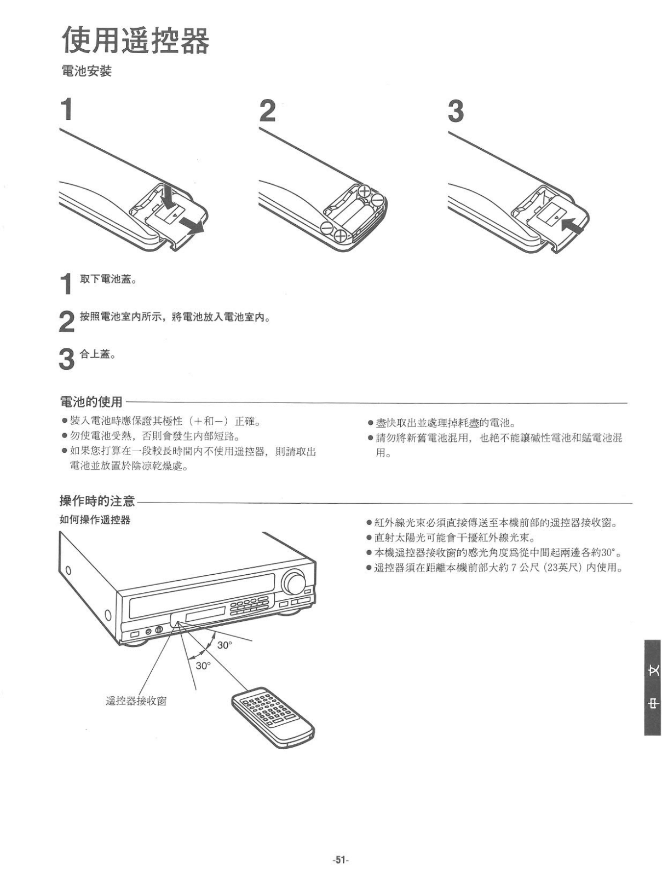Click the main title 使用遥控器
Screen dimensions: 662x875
135,40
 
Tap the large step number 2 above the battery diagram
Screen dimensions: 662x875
267,111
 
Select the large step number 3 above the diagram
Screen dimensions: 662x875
456,111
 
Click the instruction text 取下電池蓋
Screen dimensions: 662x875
108,280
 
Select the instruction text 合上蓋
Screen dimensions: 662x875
97,354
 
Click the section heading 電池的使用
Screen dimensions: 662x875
91,402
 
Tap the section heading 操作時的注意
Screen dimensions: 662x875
97,501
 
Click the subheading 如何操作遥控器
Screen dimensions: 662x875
95,520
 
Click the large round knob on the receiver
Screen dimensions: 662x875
294,582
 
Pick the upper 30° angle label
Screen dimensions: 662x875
224,645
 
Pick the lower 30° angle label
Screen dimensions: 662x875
203,666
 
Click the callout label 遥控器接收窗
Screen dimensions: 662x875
136,701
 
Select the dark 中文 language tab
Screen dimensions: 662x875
652,687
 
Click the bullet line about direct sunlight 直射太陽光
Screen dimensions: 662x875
454,538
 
